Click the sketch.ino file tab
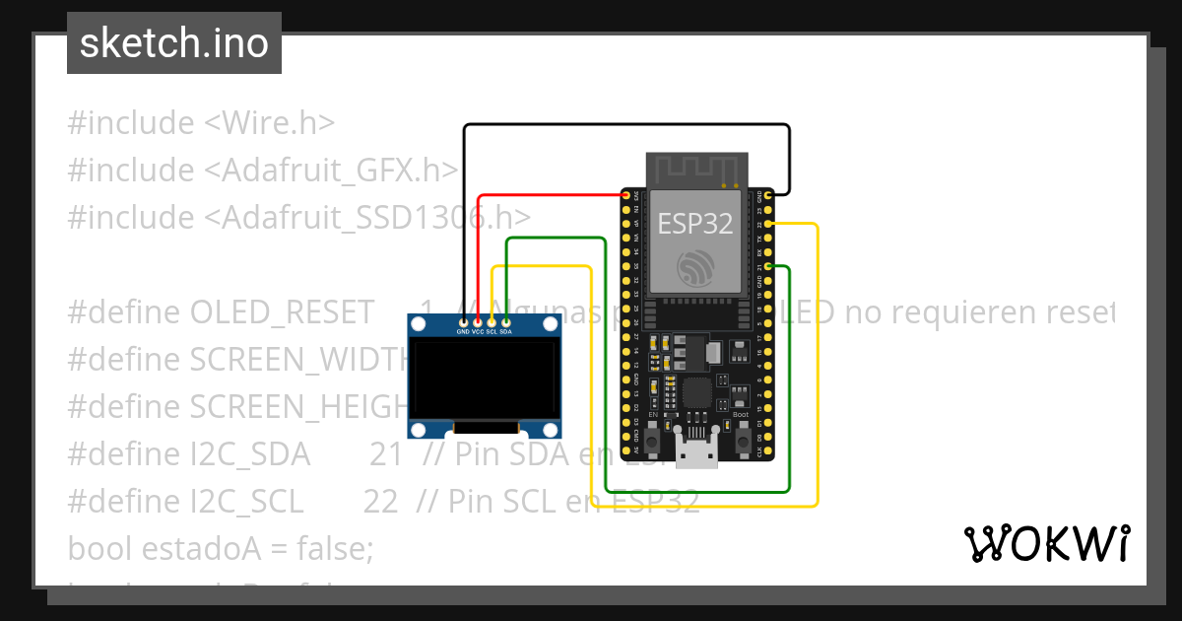174,43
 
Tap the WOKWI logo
1046,543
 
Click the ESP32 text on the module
695,224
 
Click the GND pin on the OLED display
463,320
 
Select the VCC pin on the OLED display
478,320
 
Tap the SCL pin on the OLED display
492,320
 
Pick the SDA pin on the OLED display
506,320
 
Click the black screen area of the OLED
484,379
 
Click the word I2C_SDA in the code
249,454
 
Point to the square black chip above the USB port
697,392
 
